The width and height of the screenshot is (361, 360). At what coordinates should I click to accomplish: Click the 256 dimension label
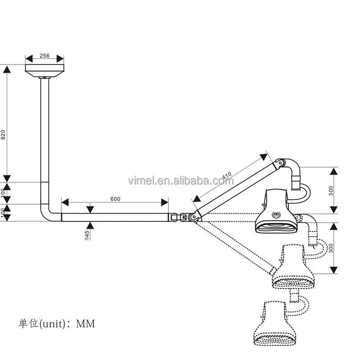[44, 56]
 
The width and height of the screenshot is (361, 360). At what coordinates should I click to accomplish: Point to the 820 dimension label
[3, 134]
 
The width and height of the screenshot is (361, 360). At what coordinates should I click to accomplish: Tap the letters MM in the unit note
[86, 324]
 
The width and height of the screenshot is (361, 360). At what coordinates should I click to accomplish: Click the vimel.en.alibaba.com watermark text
[181, 181]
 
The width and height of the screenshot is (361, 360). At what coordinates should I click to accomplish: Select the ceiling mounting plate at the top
[45, 70]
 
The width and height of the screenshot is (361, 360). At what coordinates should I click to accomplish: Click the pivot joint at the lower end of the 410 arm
[194, 217]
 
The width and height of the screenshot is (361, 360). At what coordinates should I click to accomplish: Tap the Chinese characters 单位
[28, 324]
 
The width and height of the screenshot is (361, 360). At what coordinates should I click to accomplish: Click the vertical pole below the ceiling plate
[45, 136]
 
